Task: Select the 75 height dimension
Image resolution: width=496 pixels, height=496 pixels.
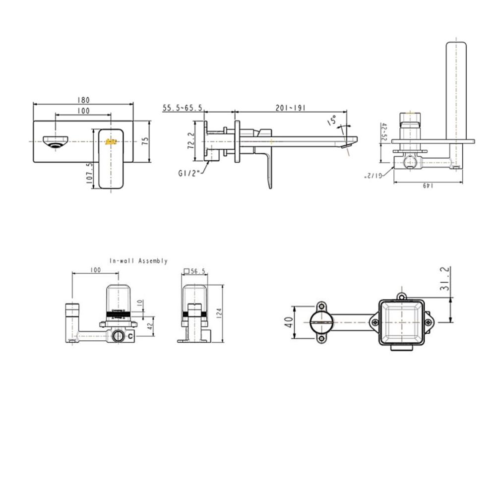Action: pyautogui.click(x=145, y=141)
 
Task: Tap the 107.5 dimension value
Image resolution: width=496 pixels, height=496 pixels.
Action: pyautogui.click(x=90, y=174)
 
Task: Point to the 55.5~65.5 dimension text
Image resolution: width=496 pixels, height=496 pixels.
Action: pyautogui.click(x=183, y=107)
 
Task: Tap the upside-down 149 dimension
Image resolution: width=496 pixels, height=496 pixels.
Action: pyautogui.click(x=428, y=186)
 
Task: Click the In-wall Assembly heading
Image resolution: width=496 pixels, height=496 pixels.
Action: pyautogui.click(x=138, y=261)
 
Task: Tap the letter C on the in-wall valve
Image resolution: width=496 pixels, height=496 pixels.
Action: pyautogui.click(x=130, y=336)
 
